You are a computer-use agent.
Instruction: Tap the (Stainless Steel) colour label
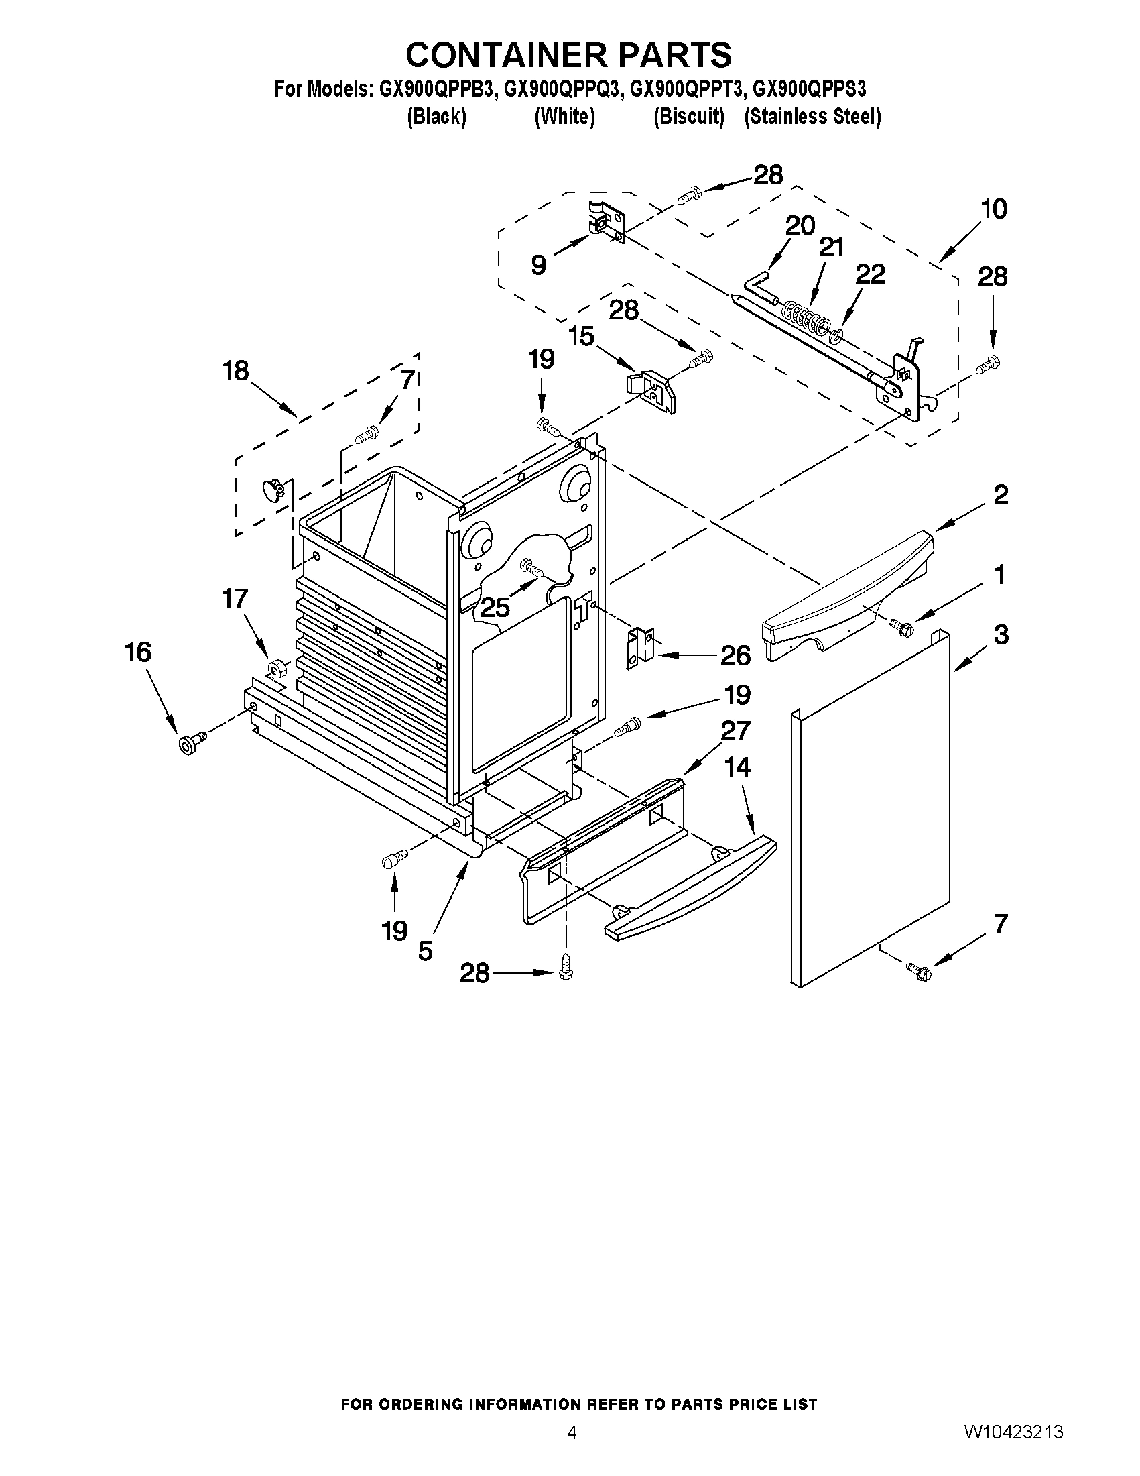pyautogui.click(x=812, y=117)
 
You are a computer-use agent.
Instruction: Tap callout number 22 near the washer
pyautogui.click(x=870, y=274)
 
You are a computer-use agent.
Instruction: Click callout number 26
pyautogui.click(x=735, y=655)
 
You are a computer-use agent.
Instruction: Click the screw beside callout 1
pyautogui.click(x=900, y=626)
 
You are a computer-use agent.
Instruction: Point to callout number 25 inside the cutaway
pyautogui.click(x=495, y=607)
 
